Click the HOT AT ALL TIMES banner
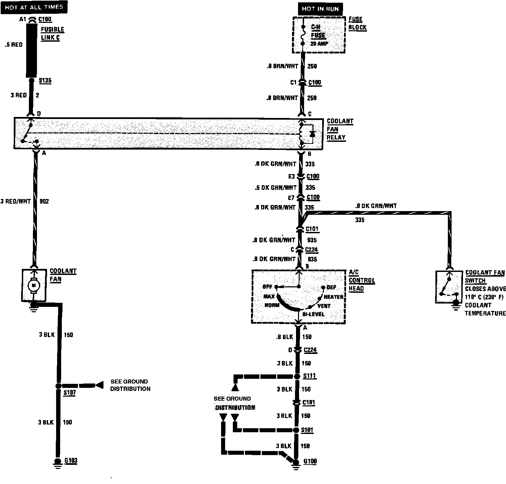click(x=34, y=7)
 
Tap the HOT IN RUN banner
click(x=320, y=9)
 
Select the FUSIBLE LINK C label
click(x=52, y=33)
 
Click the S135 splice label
click(x=45, y=81)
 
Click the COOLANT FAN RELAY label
click(x=340, y=129)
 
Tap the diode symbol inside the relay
click(x=312, y=134)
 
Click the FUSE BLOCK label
click(x=357, y=24)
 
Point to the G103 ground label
click(x=71, y=460)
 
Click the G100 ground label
click(x=310, y=461)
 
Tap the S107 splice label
click(x=69, y=392)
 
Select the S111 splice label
click(x=309, y=375)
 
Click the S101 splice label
click(x=307, y=430)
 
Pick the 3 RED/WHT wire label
click(x=15, y=201)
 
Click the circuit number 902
click(x=44, y=201)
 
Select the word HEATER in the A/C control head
click(x=333, y=297)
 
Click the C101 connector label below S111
click(x=309, y=402)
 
